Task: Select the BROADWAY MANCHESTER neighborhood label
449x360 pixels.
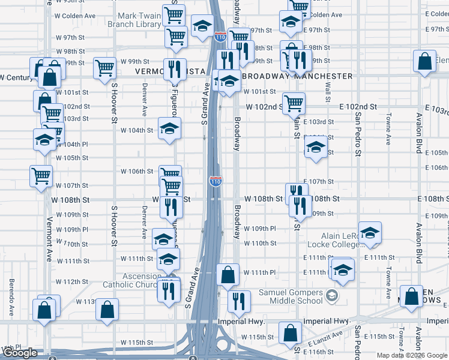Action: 298,76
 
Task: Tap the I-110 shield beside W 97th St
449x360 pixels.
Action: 220,37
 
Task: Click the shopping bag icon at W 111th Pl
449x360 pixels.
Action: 228,275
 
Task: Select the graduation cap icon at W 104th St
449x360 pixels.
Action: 169,128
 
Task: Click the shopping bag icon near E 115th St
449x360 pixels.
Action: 290,332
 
